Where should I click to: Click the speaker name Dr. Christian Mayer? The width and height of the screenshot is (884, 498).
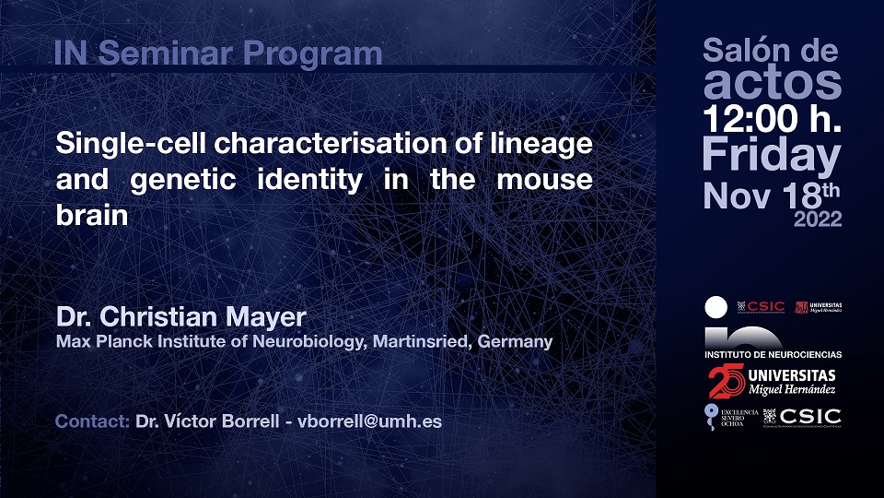click(181, 318)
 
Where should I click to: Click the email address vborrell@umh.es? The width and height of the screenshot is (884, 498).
click(370, 422)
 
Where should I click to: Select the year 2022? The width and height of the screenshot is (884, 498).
click(818, 219)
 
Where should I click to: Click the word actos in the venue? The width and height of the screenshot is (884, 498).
click(772, 84)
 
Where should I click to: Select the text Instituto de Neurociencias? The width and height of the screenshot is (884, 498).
click(773, 354)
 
